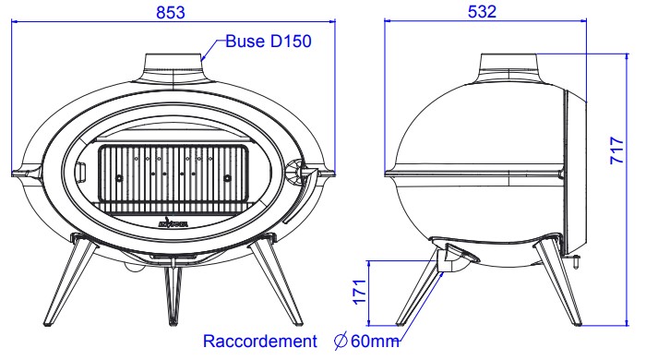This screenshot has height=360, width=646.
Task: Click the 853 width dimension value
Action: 171,12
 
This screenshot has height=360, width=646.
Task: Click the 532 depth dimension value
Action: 482,11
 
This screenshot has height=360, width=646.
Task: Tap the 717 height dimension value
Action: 616,150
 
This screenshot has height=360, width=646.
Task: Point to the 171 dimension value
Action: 360,292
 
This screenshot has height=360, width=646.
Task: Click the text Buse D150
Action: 269,42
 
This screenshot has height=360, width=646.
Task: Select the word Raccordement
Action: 260,341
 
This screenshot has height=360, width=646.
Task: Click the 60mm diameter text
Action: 374,341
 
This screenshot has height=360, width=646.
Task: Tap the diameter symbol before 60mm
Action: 341,341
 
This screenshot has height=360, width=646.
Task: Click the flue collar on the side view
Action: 509,68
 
